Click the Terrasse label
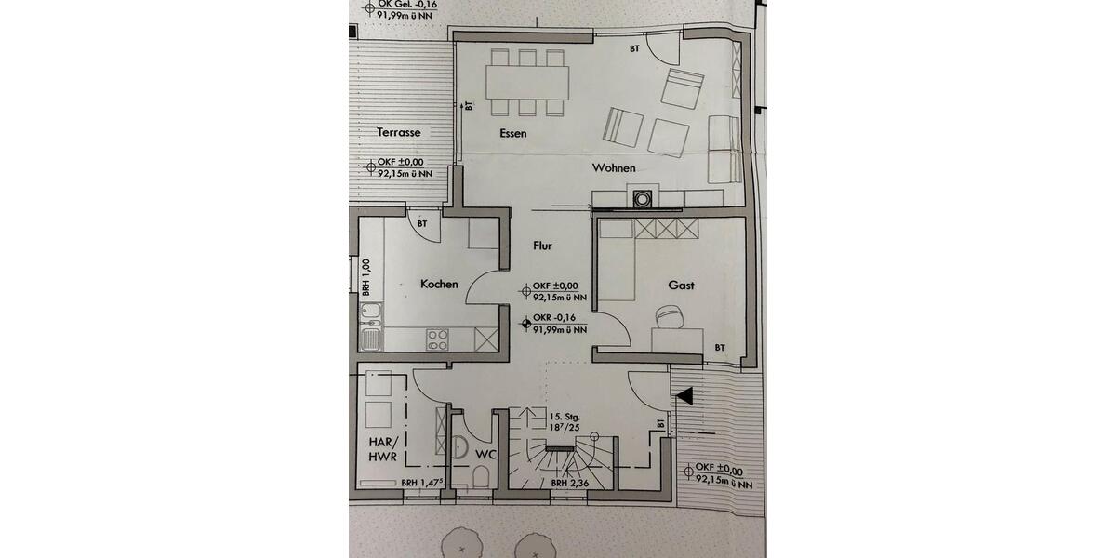[399, 133]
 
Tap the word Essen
[512, 134]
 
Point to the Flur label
[542, 246]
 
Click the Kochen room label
[438, 284]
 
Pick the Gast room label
[681, 286]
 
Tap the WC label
[486, 455]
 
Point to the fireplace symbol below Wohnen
[642, 198]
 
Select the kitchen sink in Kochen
[370, 326]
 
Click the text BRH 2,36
[570, 484]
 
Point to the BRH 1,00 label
[365, 278]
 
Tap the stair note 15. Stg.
[565, 417]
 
